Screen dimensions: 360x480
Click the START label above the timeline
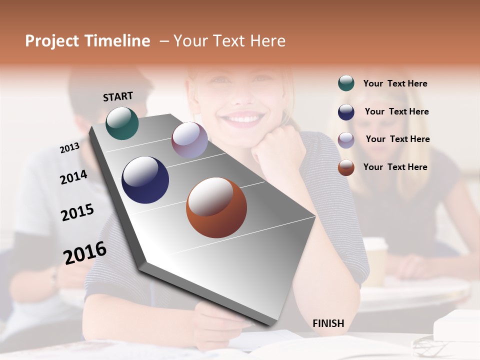click(118, 96)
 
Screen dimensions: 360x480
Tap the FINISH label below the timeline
click(328, 323)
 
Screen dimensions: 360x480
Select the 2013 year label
click(69, 148)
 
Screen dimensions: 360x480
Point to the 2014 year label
click(73, 177)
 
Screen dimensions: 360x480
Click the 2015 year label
click(77, 212)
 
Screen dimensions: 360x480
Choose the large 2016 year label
click(85, 252)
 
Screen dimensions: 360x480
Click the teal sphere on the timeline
click(122, 123)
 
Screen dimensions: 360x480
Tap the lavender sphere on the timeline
click(189, 140)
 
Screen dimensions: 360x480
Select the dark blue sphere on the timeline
click(145, 180)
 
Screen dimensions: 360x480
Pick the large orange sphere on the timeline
click(216, 207)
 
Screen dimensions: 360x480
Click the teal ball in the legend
click(346, 83)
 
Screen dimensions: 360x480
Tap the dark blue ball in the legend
click(346, 112)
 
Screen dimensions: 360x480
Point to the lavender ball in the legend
click(346, 139)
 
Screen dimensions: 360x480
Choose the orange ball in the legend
click(346, 167)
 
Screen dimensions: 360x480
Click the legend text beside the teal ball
click(395, 83)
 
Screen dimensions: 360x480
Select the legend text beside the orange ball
click(395, 167)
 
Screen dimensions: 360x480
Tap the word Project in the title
click(52, 41)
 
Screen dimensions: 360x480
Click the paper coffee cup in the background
click(374, 260)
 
